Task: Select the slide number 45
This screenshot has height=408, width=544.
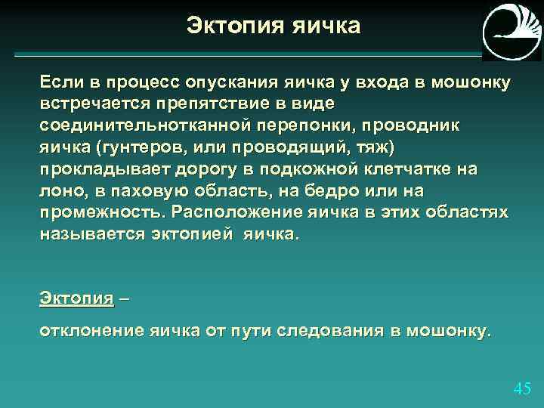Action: point(522,388)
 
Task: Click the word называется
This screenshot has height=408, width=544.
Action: point(87,234)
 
